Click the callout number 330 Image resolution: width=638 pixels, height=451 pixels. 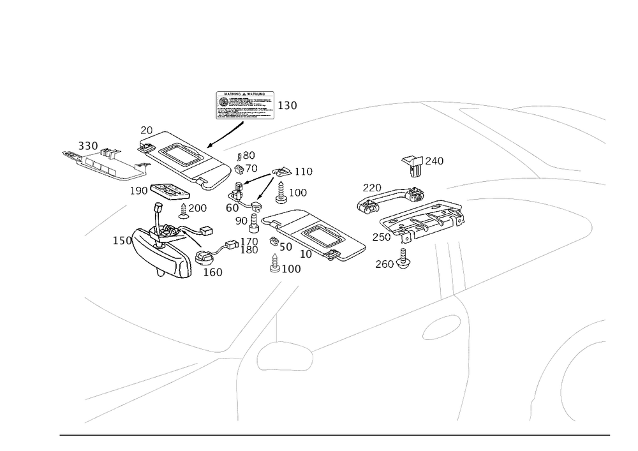click(x=87, y=146)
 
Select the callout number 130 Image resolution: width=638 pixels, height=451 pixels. click(x=288, y=105)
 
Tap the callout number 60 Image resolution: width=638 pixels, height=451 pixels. click(x=232, y=207)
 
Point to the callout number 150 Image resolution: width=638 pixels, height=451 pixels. click(x=121, y=240)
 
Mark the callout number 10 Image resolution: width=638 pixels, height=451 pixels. click(x=306, y=253)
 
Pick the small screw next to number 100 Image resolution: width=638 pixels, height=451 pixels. click(x=275, y=263)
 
